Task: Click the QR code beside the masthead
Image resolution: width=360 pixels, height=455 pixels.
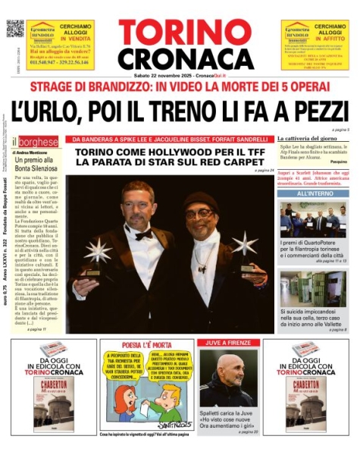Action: tap(15, 28)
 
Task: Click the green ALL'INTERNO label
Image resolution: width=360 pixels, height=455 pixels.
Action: tap(312, 195)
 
